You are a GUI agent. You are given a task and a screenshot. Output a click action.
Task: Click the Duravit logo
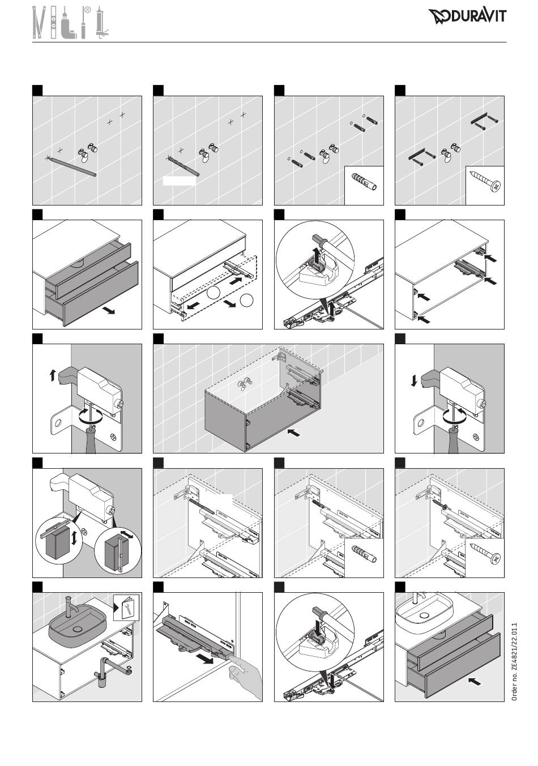click(467, 16)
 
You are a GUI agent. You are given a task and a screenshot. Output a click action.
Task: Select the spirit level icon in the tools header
click(53, 22)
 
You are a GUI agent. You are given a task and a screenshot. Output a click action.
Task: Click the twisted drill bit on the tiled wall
click(183, 166)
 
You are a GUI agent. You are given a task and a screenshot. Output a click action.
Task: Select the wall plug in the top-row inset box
click(364, 182)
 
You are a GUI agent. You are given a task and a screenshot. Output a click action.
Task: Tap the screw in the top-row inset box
click(485, 181)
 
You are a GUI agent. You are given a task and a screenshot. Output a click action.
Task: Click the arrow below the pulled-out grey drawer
click(110, 310)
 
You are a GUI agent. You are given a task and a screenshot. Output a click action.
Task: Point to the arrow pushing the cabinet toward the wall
click(294, 433)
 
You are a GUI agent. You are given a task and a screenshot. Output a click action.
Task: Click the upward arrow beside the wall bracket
click(52, 376)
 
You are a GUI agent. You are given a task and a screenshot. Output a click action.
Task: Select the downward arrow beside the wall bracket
click(414, 381)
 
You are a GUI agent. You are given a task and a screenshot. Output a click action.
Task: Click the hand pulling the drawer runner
click(244, 676)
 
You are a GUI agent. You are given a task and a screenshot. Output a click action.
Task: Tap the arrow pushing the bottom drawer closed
click(475, 682)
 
